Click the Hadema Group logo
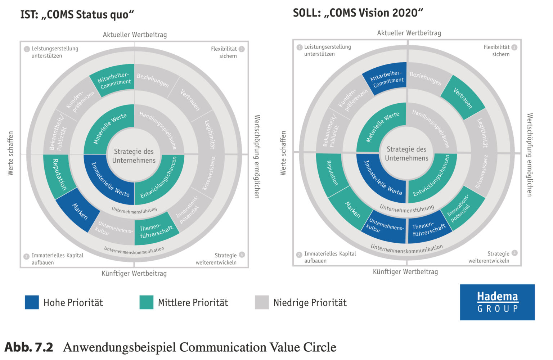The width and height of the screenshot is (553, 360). (x=497, y=302)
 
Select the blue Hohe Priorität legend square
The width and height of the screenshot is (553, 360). (x=32, y=302)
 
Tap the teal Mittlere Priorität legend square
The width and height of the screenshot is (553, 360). (x=147, y=302)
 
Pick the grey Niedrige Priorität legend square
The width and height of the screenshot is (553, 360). (x=262, y=302)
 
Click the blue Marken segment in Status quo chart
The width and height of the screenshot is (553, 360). (x=78, y=212)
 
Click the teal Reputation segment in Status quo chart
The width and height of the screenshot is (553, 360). (x=59, y=175)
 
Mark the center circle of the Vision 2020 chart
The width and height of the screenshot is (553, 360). (x=406, y=154)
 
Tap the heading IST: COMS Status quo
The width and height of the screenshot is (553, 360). (x=77, y=15)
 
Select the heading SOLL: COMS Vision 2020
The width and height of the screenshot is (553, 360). (x=358, y=13)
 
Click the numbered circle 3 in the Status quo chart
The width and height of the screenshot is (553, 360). (x=242, y=49)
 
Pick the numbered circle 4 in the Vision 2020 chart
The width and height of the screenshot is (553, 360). (x=514, y=253)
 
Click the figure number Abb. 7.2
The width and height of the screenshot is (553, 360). (x=29, y=347)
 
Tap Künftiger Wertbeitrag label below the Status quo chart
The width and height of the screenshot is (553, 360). (x=134, y=274)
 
